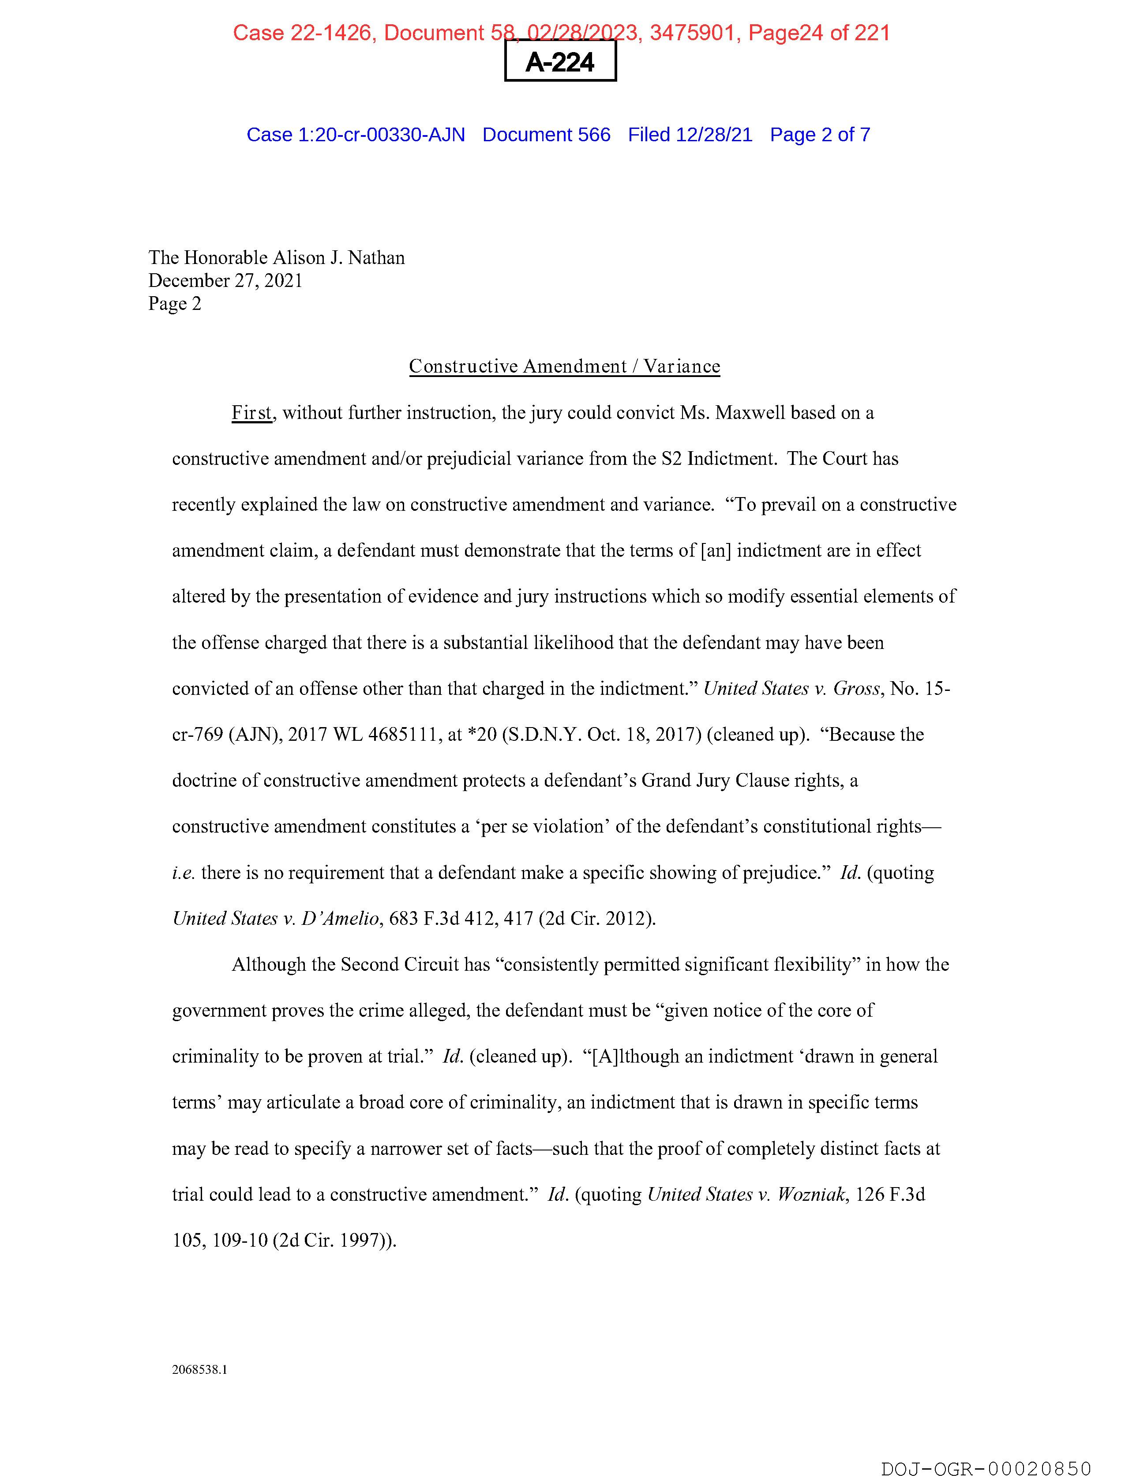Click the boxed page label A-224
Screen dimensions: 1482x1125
560,62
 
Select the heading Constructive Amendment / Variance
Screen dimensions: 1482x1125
565,366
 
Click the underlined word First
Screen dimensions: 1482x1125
252,413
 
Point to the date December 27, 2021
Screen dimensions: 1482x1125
226,281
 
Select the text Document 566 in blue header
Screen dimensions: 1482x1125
547,135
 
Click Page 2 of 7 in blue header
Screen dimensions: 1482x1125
820,135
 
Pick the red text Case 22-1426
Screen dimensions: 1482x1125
302,33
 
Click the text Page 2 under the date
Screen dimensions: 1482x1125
175,304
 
